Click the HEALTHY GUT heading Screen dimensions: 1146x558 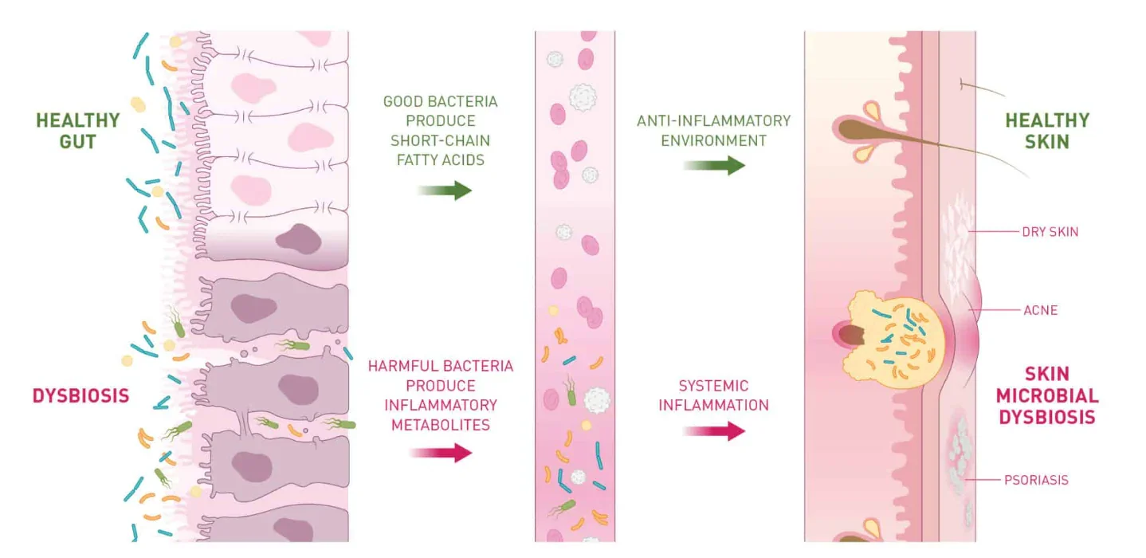77,131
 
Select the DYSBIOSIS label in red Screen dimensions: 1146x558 80,395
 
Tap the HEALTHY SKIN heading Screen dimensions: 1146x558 1046,131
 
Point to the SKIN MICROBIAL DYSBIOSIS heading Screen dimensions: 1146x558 1046,395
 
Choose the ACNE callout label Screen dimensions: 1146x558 1040,309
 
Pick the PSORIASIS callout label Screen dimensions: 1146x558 1036,480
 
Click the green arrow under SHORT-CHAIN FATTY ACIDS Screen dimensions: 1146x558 445,191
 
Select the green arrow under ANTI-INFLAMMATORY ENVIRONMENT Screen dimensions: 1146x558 714,166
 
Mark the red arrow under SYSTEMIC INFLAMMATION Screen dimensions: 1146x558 714,432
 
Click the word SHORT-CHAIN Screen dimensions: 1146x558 440,140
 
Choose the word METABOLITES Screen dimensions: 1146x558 441,424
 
